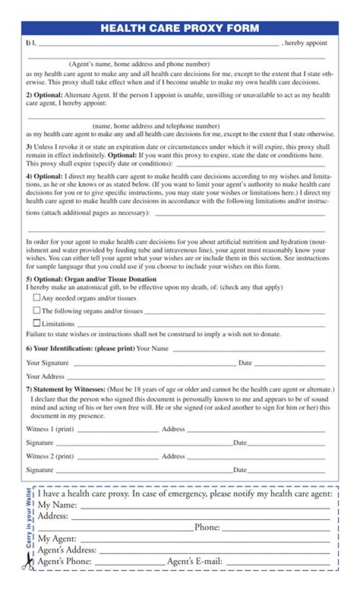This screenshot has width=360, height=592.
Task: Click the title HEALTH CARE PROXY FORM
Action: click(179, 28)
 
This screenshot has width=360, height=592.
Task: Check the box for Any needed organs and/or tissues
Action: click(36, 297)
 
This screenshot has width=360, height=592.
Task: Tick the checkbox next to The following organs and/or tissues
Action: click(36, 310)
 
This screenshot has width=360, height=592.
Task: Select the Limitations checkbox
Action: click(36, 323)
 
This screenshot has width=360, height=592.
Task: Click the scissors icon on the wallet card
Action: click(27, 564)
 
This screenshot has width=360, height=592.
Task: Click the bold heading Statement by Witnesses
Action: click(69, 389)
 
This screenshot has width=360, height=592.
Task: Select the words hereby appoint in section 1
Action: click(306, 43)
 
